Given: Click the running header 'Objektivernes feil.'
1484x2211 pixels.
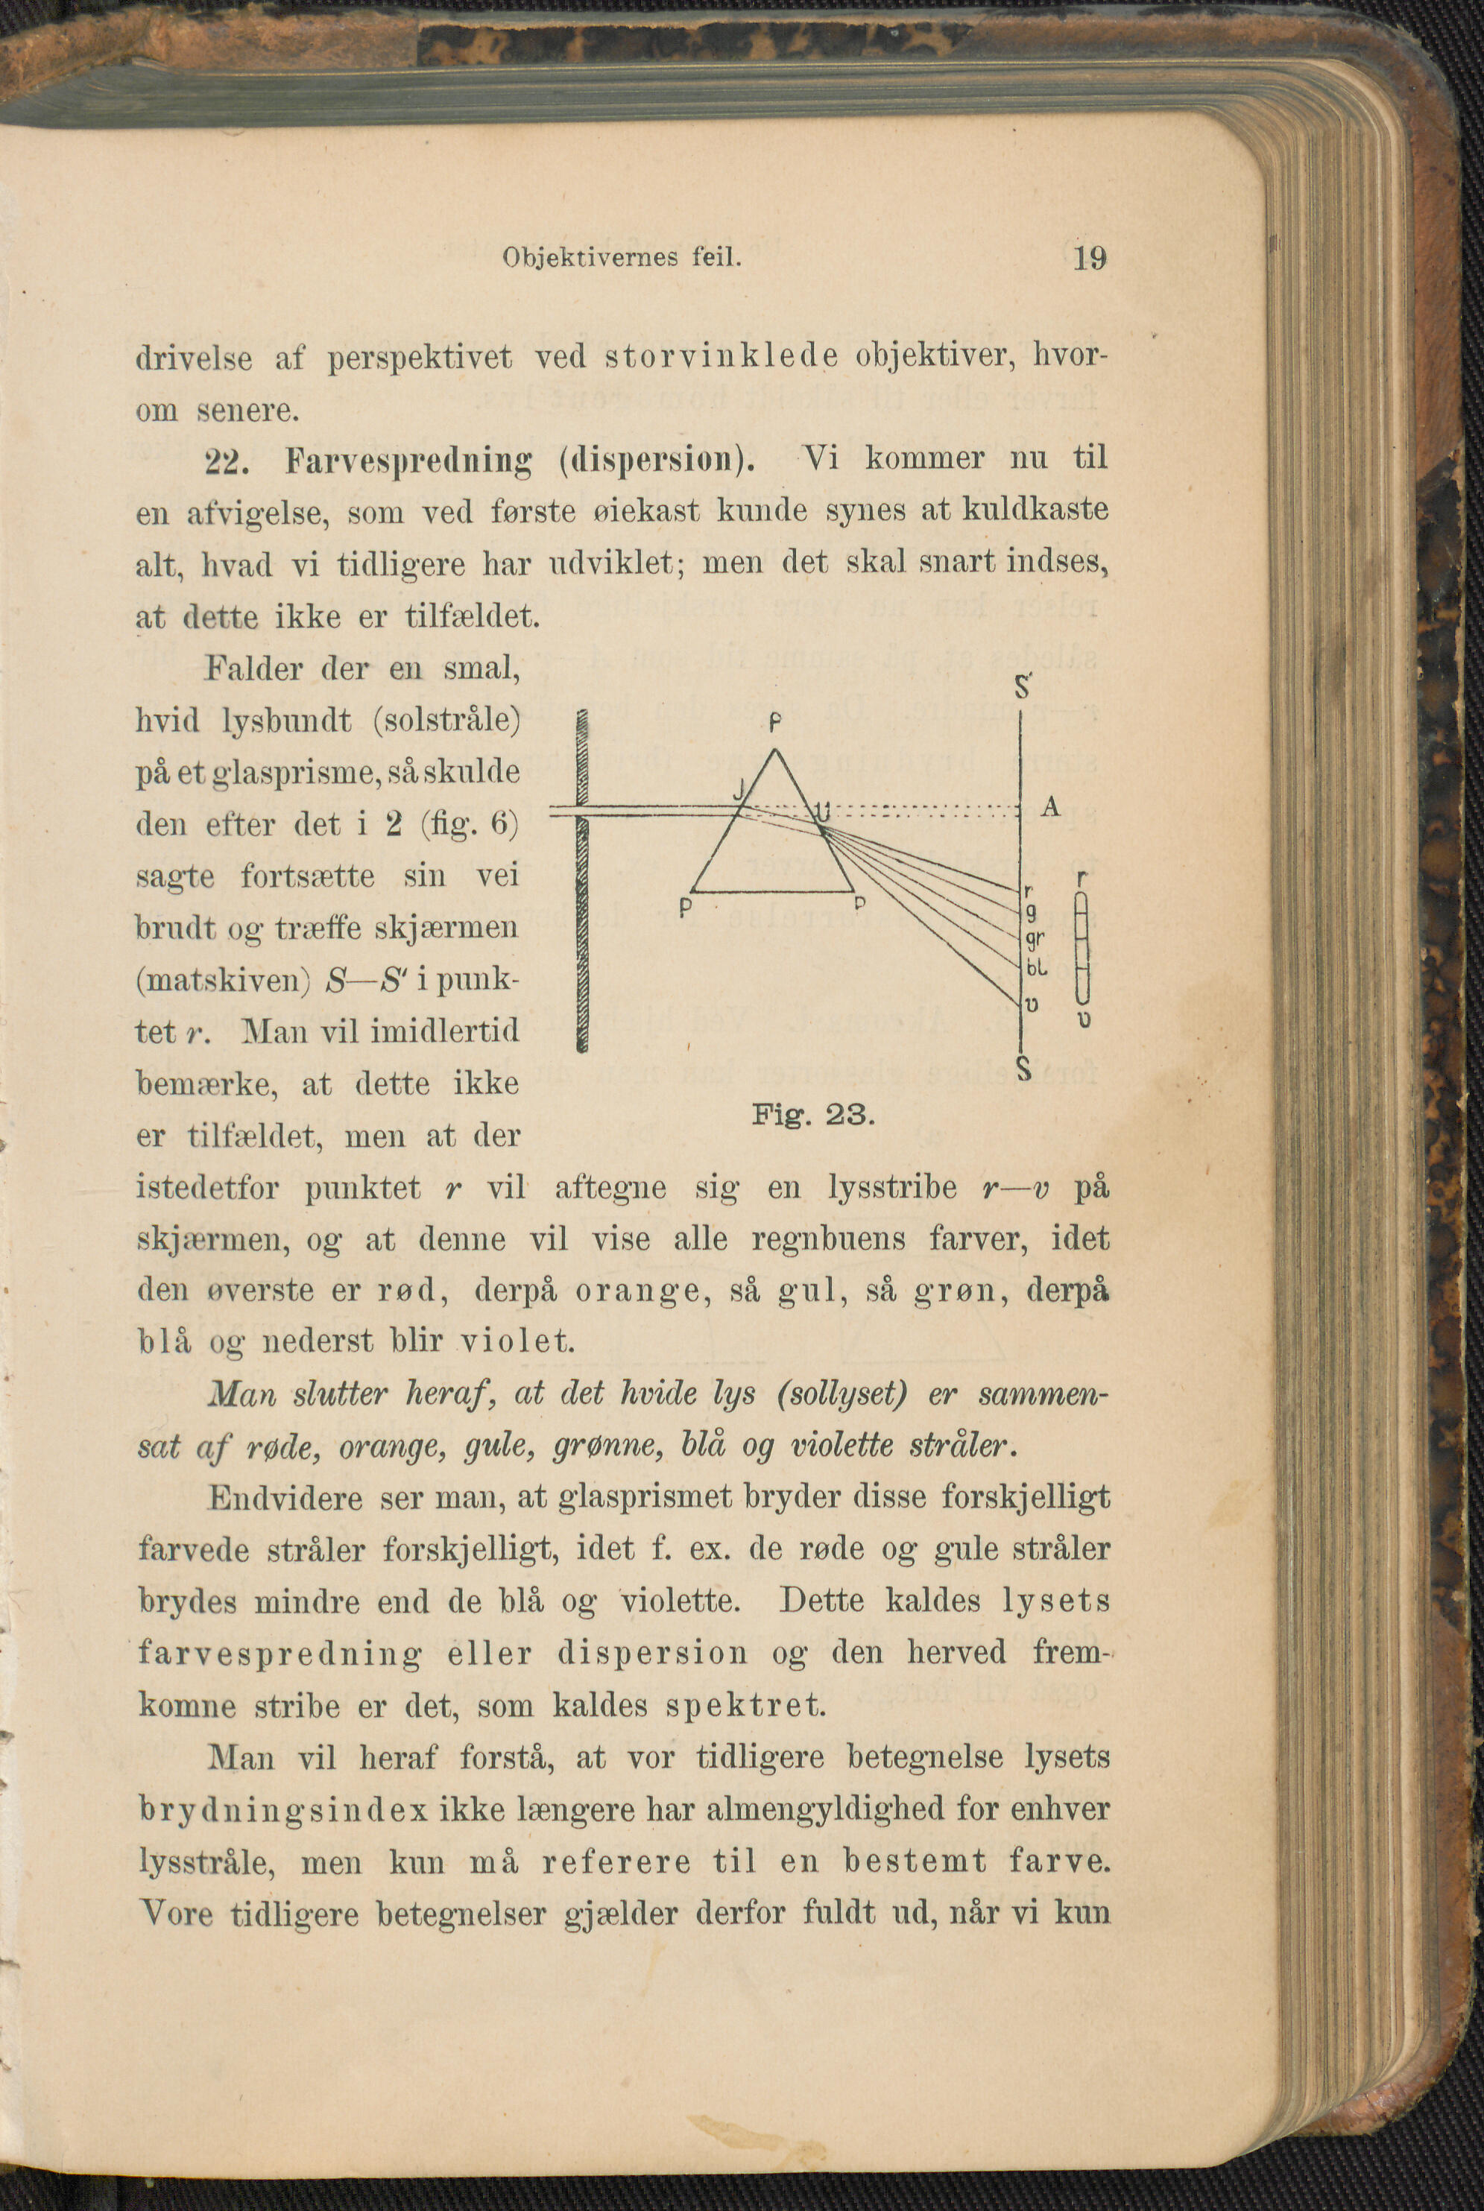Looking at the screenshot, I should [x=621, y=257].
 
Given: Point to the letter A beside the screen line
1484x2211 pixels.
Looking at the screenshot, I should [x=1049, y=807].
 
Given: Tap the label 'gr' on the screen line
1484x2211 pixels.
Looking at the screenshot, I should [x=1035, y=938].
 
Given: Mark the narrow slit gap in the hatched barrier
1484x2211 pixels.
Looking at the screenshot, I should [x=582, y=810].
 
